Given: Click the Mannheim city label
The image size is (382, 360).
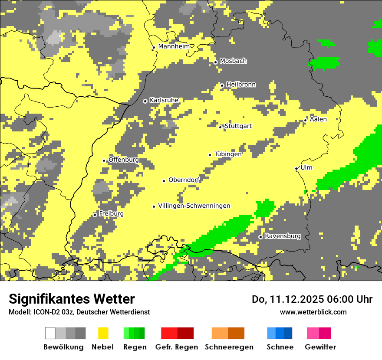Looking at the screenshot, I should (174, 46).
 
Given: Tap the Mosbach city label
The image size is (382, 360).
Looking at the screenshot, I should (233, 61).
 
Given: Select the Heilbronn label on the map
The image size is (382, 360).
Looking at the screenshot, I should (241, 85).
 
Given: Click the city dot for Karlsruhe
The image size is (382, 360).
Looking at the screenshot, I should (145, 101).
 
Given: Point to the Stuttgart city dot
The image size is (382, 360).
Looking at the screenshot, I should (221, 127).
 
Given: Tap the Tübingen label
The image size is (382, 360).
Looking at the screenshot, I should (228, 154).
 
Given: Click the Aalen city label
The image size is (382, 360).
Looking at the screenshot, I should (318, 119).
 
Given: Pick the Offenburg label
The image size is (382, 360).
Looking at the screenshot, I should (124, 160).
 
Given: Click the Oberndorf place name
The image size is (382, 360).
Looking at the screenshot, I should (184, 180).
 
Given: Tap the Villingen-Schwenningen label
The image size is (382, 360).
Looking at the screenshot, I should (194, 206).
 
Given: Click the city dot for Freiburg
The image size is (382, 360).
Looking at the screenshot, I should (95, 215).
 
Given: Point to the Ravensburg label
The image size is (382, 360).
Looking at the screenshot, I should (283, 236).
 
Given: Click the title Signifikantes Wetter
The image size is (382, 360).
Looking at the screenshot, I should (72, 299).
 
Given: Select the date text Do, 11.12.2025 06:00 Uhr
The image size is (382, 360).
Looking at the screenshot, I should (312, 299).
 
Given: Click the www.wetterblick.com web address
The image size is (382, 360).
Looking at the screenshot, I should (313, 312).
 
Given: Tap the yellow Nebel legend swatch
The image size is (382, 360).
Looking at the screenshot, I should (103, 333).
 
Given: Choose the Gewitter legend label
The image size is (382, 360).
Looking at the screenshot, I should (320, 347).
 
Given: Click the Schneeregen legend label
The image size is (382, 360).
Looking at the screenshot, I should (229, 347).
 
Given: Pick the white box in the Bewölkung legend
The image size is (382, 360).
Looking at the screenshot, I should (50, 333).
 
